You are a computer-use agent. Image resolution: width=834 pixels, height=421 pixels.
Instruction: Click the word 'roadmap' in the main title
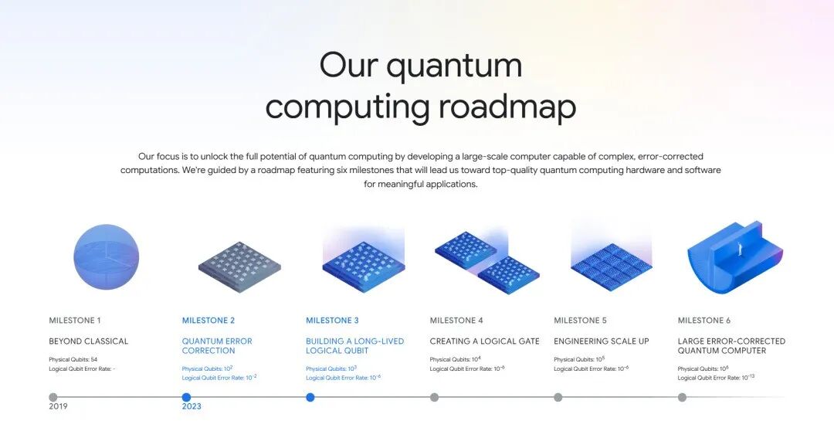click(x=507, y=107)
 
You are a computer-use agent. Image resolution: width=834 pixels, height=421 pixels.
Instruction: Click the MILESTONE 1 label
click(x=75, y=321)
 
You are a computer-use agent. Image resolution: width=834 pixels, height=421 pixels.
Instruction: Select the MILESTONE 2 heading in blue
click(x=208, y=321)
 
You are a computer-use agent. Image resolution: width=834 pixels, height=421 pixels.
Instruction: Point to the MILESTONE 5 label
click(x=580, y=321)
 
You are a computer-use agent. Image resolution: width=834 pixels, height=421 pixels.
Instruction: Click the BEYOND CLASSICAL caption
click(x=89, y=341)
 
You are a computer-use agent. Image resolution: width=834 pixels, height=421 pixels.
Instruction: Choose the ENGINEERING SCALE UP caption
click(x=602, y=341)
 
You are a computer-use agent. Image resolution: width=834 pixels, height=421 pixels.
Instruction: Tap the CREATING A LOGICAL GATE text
click(x=484, y=341)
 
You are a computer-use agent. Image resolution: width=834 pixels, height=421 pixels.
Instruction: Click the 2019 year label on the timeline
click(x=58, y=406)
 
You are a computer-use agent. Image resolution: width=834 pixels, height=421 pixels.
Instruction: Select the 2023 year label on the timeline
click(x=192, y=406)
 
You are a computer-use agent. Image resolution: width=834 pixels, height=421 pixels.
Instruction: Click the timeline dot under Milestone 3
click(x=310, y=397)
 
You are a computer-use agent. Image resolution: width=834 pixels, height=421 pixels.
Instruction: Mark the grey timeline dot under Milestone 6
click(x=682, y=397)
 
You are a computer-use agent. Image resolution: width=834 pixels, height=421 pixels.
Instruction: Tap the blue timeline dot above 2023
click(x=186, y=397)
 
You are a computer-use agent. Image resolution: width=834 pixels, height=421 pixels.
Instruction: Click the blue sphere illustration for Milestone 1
click(x=107, y=257)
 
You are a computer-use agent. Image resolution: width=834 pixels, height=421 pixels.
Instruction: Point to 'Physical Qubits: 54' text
click(x=73, y=360)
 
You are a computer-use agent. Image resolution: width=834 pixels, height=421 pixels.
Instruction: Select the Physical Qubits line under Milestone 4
click(x=456, y=360)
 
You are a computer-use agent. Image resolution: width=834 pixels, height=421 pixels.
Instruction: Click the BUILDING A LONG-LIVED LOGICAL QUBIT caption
click(x=354, y=346)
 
